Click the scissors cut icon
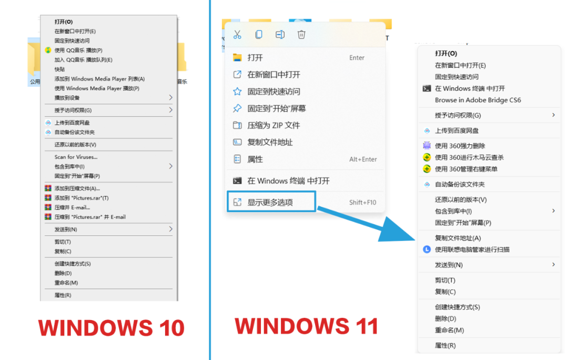click(x=237, y=34)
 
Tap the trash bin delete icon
click(x=301, y=34)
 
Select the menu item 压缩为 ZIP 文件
click(x=273, y=125)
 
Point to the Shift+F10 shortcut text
click(x=362, y=202)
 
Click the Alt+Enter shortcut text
click(x=363, y=159)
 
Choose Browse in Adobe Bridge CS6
click(x=478, y=100)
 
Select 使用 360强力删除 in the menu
click(x=460, y=146)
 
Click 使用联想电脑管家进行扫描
click(x=472, y=249)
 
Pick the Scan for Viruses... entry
click(x=76, y=157)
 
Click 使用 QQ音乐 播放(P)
click(x=78, y=50)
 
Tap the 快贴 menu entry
click(x=59, y=69)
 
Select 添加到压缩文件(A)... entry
click(x=77, y=188)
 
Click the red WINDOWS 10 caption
click(x=111, y=328)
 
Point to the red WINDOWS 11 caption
click(x=307, y=326)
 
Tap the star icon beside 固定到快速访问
click(x=237, y=92)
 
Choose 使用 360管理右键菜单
click(x=466, y=169)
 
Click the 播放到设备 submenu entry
click(x=67, y=97)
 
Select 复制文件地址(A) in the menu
click(x=458, y=238)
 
